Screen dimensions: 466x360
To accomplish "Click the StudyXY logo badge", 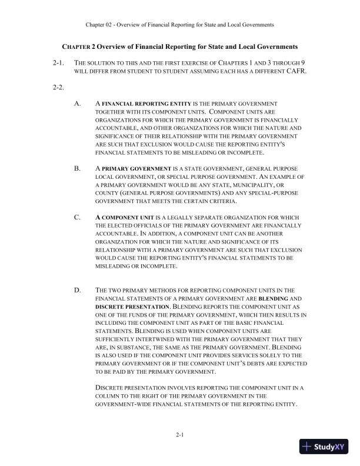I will [324, 446].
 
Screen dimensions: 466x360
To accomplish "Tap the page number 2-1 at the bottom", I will [180, 435].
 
